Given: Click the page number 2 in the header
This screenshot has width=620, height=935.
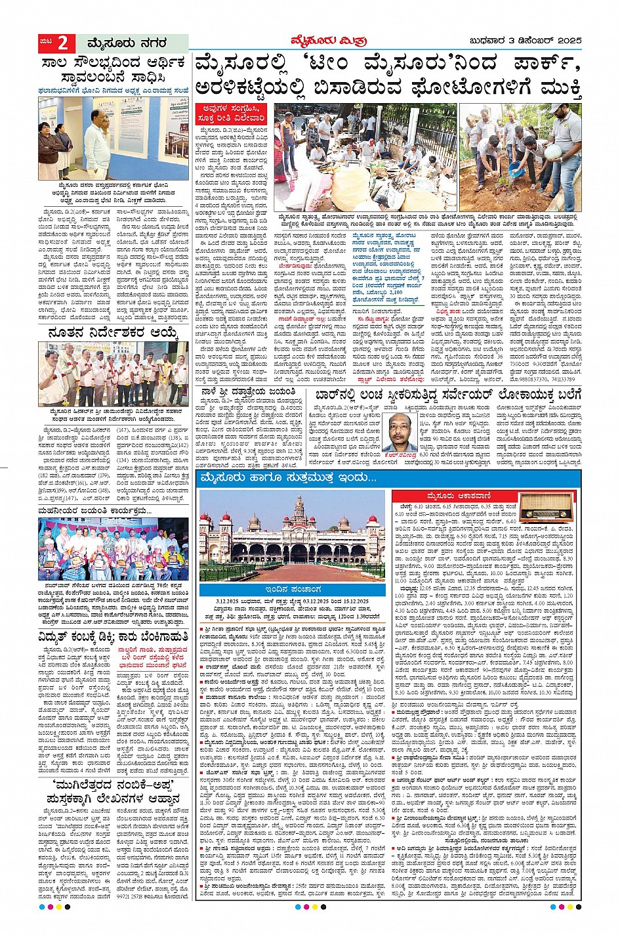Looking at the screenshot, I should [62, 43].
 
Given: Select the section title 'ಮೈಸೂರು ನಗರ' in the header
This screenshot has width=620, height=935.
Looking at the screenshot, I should [127, 43].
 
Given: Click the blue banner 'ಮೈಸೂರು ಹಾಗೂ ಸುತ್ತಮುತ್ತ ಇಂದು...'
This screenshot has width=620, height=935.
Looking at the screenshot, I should [290, 477].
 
